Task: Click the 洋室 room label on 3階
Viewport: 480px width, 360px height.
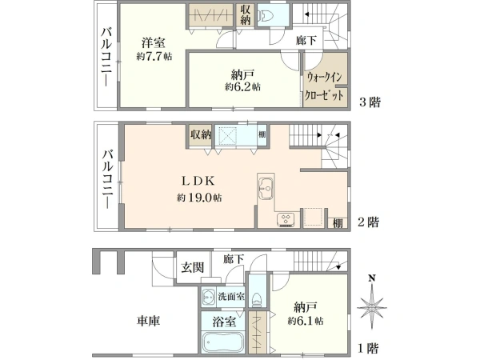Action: click(x=154, y=42)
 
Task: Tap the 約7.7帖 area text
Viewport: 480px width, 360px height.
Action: click(x=154, y=56)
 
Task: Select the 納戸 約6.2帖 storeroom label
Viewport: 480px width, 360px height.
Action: click(x=242, y=81)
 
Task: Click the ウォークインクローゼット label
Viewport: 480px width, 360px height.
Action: click(x=325, y=86)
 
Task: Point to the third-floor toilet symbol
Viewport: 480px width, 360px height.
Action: click(x=264, y=14)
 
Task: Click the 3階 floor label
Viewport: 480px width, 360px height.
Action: click(x=370, y=102)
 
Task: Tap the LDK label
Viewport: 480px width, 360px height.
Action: click(x=198, y=181)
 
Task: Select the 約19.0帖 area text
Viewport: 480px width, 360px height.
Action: click(x=199, y=198)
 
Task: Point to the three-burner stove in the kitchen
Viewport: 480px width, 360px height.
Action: click(x=286, y=220)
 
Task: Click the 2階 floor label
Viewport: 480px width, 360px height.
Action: click(x=369, y=222)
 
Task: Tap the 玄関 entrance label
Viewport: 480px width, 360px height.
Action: click(x=192, y=267)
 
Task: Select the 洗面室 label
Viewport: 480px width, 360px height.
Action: click(x=231, y=296)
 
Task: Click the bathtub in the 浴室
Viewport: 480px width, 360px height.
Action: click(x=223, y=342)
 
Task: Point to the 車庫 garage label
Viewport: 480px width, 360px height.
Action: click(x=149, y=321)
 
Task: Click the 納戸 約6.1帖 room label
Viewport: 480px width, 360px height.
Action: click(x=306, y=313)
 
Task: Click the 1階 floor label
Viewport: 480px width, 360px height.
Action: click(x=368, y=348)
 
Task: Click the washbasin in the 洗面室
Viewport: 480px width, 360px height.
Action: click(x=209, y=297)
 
